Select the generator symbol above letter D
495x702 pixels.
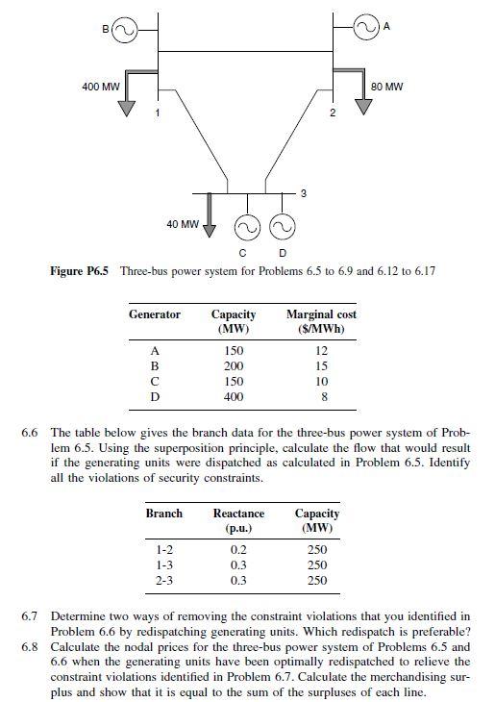pos(282,228)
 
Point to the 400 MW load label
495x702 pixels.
pos(101,87)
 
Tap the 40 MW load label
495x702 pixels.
pos(183,224)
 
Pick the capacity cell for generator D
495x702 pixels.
pos(234,396)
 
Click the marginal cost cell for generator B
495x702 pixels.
pos(322,366)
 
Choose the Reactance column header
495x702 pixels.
pos(238,521)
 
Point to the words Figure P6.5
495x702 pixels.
pos(82,271)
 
